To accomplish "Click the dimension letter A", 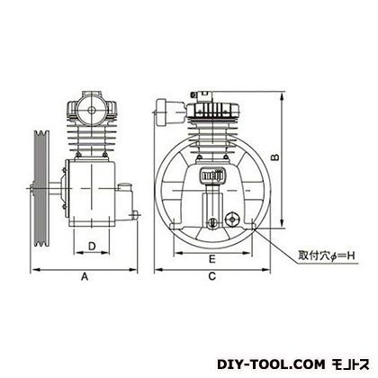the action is click(85, 276).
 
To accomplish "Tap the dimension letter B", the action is click(275, 157).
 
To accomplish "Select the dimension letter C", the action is click(212, 276).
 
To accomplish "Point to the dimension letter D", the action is click(92, 247).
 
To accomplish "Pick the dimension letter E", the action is click(212, 259).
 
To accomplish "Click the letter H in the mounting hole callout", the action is click(352, 256).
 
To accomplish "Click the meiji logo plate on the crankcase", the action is click(212, 175).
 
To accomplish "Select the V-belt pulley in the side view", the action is click(41, 188).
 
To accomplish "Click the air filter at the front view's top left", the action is click(170, 112).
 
